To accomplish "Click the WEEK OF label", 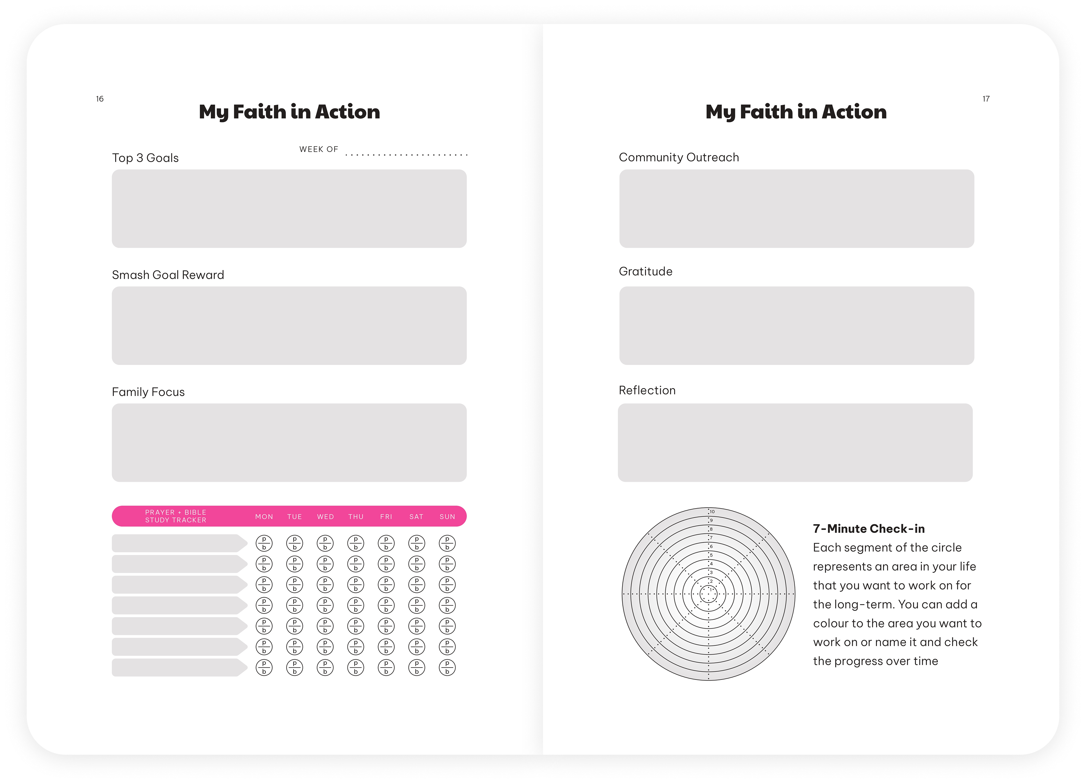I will pos(318,149).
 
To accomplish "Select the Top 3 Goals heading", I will pos(145,158).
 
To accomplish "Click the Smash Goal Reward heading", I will pos(168,275).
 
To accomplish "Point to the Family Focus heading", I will pos(148,392).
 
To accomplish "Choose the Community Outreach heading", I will pos(678,157).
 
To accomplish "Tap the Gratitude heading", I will pos(646,271).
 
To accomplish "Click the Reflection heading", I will pos(647,390).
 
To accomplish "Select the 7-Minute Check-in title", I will pos(869,528).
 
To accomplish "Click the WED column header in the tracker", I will pos(325,517).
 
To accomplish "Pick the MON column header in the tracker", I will pos(264,517).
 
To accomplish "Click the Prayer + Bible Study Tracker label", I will pos(176,516).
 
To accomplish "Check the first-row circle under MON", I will pos(264,543).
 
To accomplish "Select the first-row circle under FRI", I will pos(386,543).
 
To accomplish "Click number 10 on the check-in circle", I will pos(712,512).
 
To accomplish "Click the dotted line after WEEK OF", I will pos(406,155).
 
